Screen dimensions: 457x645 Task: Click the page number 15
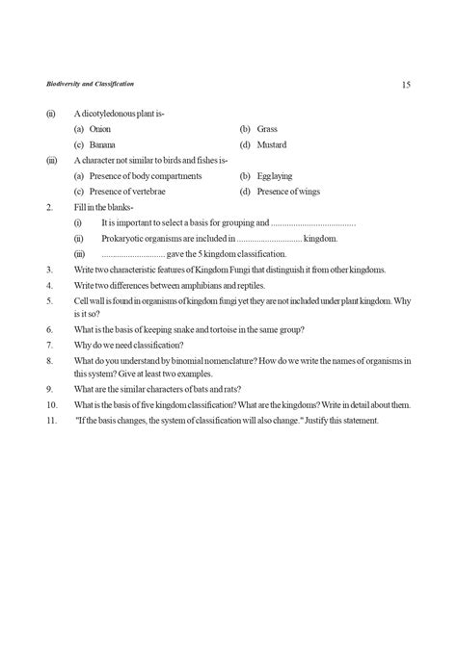coord(406,86)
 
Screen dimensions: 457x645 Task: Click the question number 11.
coord(51,422)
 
